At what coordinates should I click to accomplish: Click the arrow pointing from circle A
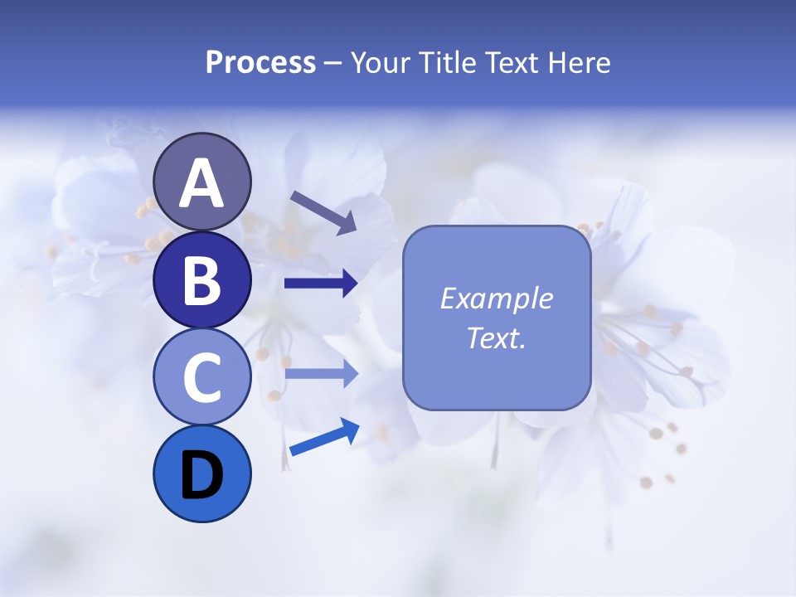323,212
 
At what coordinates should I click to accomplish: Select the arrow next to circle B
321,284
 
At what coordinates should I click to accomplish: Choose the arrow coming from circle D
323,437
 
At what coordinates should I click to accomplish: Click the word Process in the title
260,63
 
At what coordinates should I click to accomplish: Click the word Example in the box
496,298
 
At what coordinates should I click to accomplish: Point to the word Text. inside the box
496,337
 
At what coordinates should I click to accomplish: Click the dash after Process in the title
333,63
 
